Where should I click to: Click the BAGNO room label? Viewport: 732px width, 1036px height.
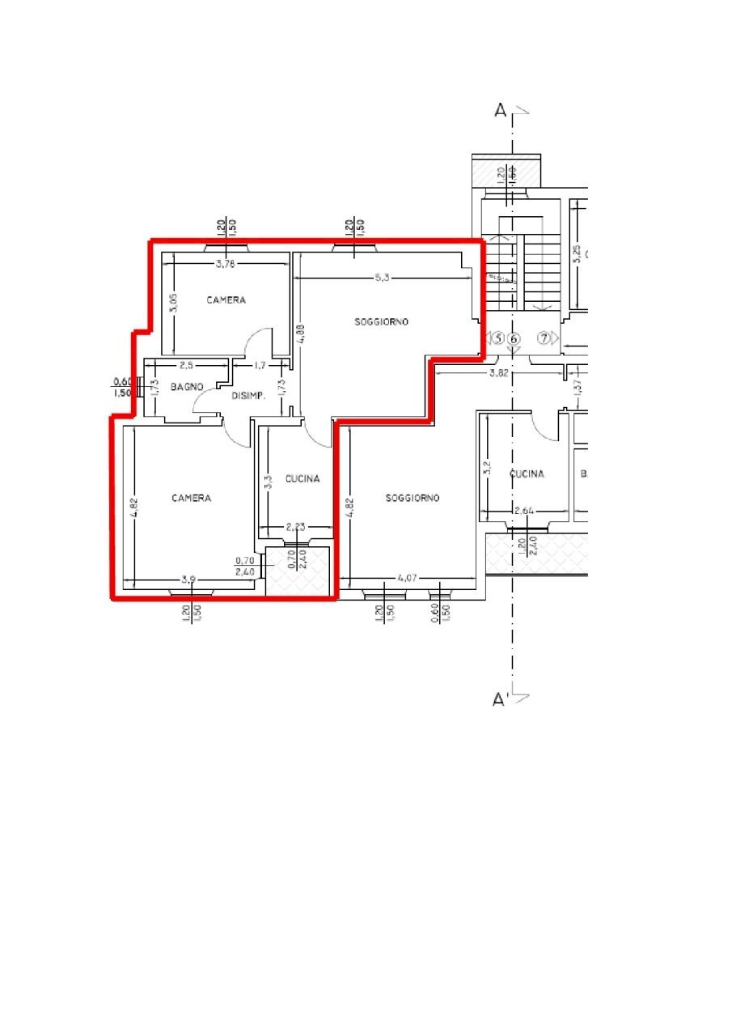point(186,388)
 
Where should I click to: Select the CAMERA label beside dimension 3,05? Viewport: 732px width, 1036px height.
point(226,300)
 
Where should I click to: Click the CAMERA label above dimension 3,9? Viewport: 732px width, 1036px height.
point(191,499)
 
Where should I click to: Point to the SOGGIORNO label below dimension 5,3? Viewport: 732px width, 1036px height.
point(382,322)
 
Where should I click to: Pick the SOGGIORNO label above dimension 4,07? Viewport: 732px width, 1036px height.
point(413,499)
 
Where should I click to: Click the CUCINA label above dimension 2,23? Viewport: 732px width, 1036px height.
point(303,479)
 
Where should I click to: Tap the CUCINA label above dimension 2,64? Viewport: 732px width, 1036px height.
point(527,474)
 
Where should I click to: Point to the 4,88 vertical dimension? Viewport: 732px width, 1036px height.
point(300,335)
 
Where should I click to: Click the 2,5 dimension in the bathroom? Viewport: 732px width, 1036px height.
point(187,366)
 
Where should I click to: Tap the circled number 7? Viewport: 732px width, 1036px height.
point(545,338)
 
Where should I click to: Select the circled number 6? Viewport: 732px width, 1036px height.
point(514,338)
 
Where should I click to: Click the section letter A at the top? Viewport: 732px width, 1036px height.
point(501,112)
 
